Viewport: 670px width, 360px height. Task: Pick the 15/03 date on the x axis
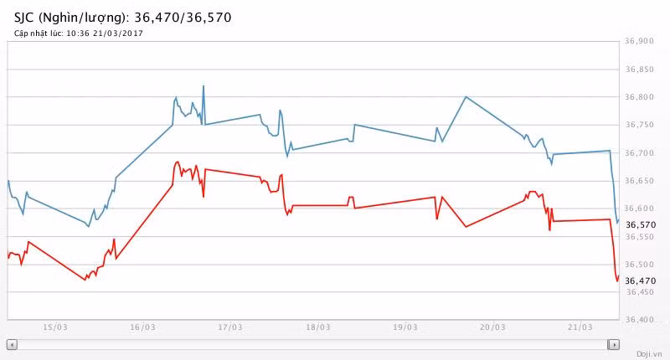[x=54, y=327]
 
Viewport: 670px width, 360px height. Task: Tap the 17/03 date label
[x=230, y=327]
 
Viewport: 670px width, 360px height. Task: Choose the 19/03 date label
[x=405, y=327]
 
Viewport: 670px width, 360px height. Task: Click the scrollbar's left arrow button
[x=12, y=344]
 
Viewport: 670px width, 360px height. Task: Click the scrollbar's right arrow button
[x=614, y=344]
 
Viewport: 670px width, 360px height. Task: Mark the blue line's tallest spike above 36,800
[x=204, y=85]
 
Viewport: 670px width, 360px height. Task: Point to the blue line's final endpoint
[x=619, y=220]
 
